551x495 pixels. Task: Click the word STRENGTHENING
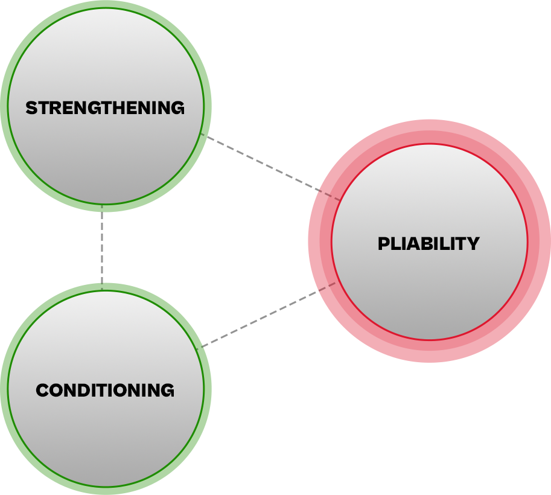coord(105,108)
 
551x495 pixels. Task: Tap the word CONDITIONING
coord(105,390)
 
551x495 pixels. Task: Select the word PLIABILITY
coord(428,244)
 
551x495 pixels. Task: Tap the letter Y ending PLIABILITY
coord(473,244)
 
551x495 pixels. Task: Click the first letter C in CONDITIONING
coord(43,390)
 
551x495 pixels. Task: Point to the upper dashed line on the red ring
coord(330,196)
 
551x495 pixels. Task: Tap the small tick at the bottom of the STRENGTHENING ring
coord(102,207)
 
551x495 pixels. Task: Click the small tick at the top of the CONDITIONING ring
coord(102,287)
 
